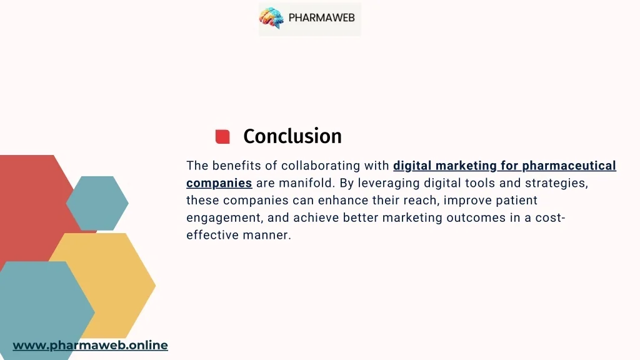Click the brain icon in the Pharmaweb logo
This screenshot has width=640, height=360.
[x=272, y=18]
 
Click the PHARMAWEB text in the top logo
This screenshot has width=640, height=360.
[x=321, y=18]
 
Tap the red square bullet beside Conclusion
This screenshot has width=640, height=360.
[x=222, y=136]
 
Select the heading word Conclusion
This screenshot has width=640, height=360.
[x=292, y=136]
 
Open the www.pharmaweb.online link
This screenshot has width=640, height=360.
[x=90, y=345]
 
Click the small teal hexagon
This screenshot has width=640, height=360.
[x=97, y=203]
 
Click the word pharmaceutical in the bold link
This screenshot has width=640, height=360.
[x=569, y=166]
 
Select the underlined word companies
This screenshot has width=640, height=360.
[x=219, y=183]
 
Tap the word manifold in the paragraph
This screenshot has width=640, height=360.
[x=306, y=183]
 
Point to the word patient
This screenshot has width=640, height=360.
[x=516, y=201]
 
